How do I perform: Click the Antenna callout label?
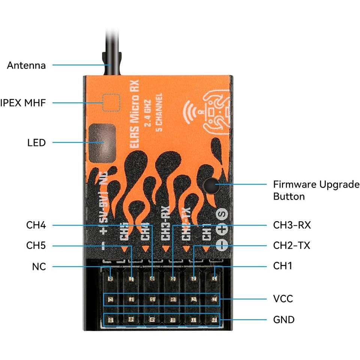(26, 65)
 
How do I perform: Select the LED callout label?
(36, 142)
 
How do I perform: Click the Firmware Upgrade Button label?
(316, 190)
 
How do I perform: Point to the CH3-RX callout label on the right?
(292, 225)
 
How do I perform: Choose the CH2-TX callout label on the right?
(291, 246)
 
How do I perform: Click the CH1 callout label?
(282, 266)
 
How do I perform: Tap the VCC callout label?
(283, 299)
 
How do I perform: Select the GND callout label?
(283, 319)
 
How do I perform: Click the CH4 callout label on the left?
(36, 225)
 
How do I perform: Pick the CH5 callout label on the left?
(36, 246)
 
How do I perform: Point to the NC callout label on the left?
(39, 267)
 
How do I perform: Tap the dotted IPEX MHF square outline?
(111, 102)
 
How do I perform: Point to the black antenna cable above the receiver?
(111, 37)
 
